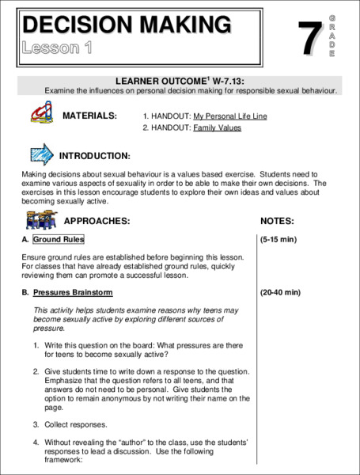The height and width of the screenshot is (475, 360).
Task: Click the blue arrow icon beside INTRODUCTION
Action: point(41,153)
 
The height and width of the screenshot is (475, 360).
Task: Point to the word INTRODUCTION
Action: point(95,156)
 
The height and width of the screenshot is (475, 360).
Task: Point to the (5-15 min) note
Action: point(278,239)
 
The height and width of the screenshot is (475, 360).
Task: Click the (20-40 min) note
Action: point(280,292)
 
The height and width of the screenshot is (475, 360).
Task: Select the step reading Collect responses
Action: point(74,424)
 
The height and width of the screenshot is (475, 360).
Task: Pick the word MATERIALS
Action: point(89,116)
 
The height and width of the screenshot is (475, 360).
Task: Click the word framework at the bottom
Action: point(63,459)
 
